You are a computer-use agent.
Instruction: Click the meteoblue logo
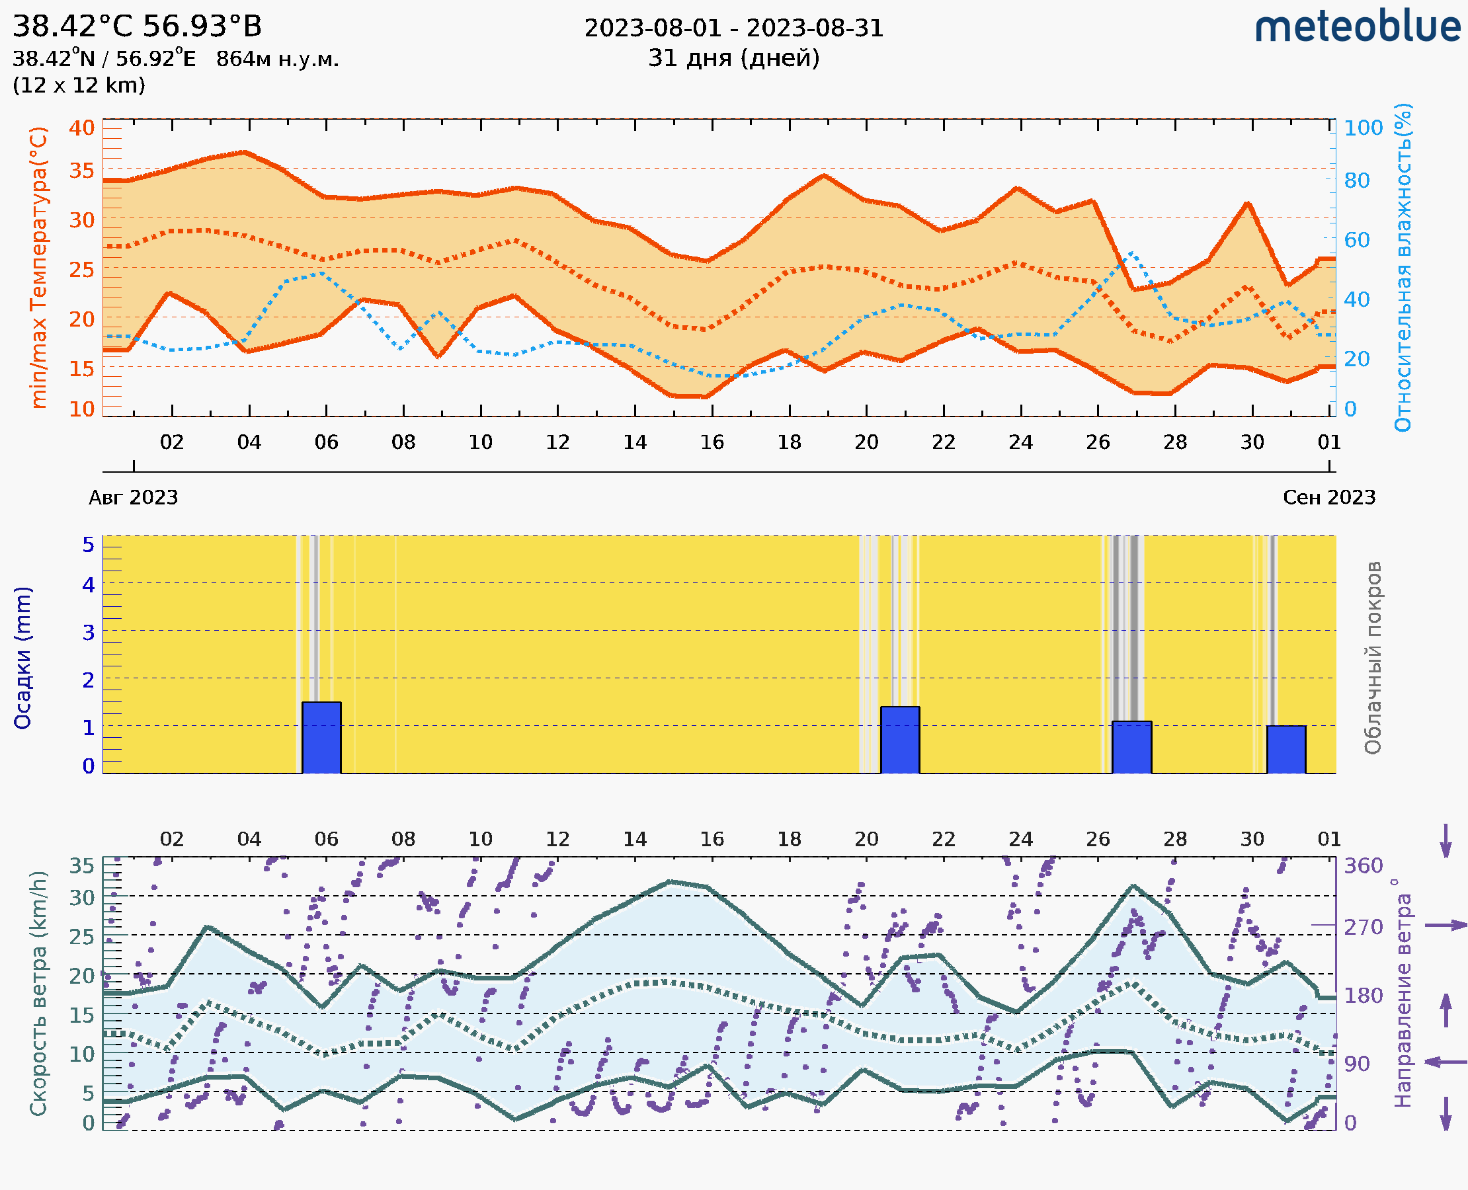[1358, 27]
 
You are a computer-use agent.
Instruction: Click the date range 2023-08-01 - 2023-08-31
[733, 28]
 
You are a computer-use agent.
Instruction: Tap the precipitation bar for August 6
[321, 738]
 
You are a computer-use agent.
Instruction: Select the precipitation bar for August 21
[899, 740]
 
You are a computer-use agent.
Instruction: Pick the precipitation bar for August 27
[1131, 747]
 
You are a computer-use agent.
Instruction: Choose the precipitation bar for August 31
[1285, 749]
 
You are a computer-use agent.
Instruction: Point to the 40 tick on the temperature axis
[81, 128]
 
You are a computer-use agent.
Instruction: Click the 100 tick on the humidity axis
[1363, 128]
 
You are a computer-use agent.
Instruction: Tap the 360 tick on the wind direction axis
[1363, 866]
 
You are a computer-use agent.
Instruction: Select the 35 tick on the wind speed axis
[81, 866]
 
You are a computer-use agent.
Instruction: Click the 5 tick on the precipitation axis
[89, 545]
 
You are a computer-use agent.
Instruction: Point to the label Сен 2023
[1329, 498]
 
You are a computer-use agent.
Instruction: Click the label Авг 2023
[133, 498]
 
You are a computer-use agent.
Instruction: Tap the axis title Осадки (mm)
[22, 658]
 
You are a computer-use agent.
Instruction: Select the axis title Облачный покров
[1373, 658]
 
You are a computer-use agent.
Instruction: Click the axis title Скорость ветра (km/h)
[38, 993]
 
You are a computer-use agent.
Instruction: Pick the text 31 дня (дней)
[733, 58]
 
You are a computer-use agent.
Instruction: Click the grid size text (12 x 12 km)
[79, 86]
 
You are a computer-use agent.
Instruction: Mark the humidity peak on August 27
[1131, 253]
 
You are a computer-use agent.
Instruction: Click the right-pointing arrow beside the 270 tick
[1446, 926]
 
